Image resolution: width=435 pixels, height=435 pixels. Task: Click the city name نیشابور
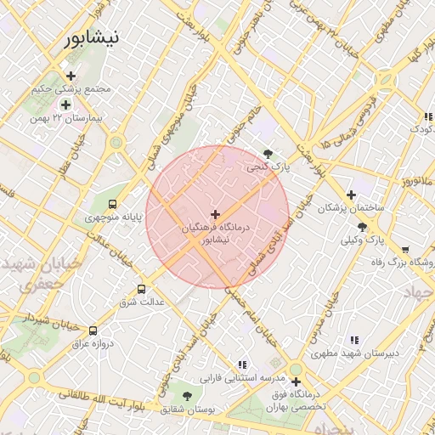[x=93, y=37]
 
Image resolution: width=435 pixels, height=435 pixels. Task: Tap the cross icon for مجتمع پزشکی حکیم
[x=71, y=76]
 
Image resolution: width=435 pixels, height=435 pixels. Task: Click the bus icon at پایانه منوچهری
[x=112, y=204]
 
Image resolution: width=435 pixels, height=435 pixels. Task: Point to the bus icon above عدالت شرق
[x=142, y=289]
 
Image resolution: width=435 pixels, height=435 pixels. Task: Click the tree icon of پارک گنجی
[x=268, y=154]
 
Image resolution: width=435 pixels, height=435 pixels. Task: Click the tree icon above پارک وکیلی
[x=363, y=227]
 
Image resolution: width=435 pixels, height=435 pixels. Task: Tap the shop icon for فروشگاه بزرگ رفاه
[x=404, y=250]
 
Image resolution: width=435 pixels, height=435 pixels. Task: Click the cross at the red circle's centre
[x=216, y=214]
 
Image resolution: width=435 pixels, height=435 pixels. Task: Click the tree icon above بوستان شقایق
[x=187, y=396]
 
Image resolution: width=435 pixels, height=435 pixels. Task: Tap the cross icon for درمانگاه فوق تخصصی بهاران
[x=296, y=382]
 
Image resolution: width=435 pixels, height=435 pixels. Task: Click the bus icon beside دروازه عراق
[x=93, y=330]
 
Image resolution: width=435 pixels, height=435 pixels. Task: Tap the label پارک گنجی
[x=268, y=167]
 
